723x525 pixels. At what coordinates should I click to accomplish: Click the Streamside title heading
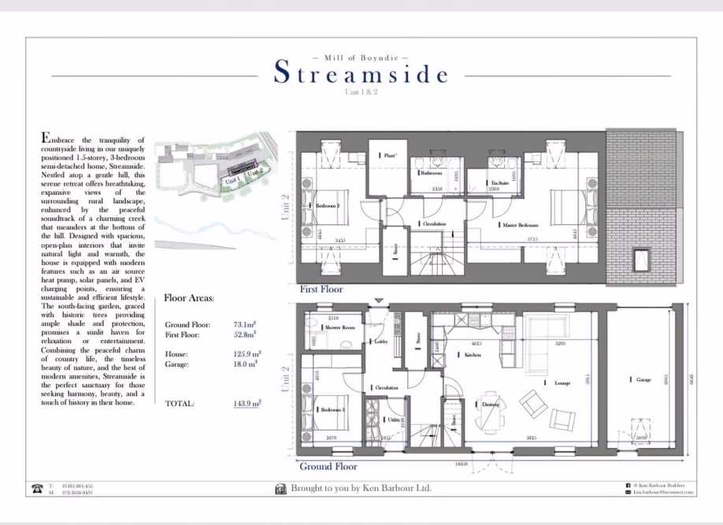pyautogui.click(x=361, y=74)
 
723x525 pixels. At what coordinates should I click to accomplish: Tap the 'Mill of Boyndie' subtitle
pyautogui.click(x=361, y=57)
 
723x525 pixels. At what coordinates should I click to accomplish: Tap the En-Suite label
pyautogui.click(x=499, y=182)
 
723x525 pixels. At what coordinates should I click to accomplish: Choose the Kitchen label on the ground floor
pyautogui.click(x=472, y=356)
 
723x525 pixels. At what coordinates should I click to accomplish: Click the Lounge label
pyautogui.click(x=562, y=383)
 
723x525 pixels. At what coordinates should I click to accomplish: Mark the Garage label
pyautogui.click(x=643, y=379)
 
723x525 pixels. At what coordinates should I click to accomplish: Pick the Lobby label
pyautogui.click(x=380, y=342)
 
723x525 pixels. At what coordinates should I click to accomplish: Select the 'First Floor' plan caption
pyautogui.click(x=321, y=290)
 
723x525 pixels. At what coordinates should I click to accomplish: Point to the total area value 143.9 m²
pyautogui.click(x=247, y=403)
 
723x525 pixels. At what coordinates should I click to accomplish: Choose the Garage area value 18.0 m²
pyautogui.click(x=246, y=364)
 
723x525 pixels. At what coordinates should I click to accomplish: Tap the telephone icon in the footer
pyautogui.click(x=36, y=490)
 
